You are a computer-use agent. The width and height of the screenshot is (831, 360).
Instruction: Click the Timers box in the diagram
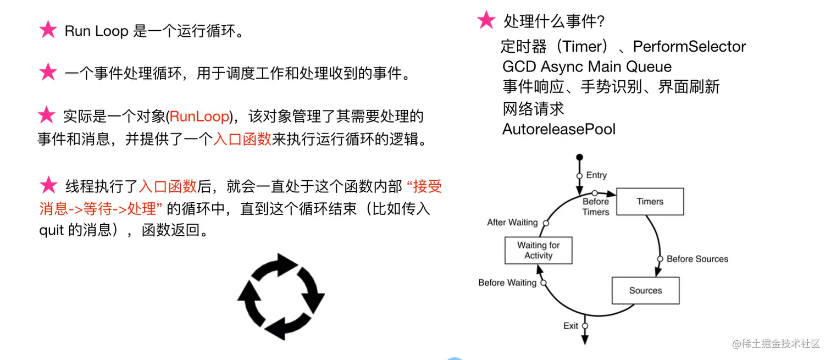(x=650, y=202)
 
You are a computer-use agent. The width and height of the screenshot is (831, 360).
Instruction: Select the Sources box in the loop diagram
(x=645, y=291)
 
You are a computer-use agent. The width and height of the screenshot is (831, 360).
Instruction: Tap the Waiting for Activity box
(x=538, y=251)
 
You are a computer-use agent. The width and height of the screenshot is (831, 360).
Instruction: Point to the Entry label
(x=596, y=175)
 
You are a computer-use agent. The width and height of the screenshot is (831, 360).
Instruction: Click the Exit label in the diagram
(x=570, y=326)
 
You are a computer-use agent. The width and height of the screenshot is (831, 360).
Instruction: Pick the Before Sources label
(x=697, y=259)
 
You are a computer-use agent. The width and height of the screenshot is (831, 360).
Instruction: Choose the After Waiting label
(x=512, y=223)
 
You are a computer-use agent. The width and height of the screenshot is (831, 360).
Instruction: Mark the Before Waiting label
(x=507, y=283)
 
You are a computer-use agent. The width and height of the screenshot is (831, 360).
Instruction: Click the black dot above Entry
(x=579, y=158)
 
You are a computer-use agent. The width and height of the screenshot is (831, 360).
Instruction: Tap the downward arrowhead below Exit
(x=585, y=340)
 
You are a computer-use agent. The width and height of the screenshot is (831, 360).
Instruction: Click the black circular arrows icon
(x=281, y=296)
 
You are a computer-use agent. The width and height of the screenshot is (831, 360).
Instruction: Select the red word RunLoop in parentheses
(x=199, y=117)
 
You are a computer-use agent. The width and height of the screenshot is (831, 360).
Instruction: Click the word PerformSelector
(x=689, y=47)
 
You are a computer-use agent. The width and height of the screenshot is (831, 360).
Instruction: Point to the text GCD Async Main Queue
(x=586, y=67)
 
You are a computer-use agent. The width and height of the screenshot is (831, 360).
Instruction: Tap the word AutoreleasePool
(x=558, y=130)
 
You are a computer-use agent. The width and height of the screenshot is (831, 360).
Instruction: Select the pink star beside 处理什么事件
(x=486, y=20)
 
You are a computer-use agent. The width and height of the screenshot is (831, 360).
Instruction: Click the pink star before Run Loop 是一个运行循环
(x=48, y=30)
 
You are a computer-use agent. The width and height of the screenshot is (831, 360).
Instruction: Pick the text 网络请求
(x=533, y=109)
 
